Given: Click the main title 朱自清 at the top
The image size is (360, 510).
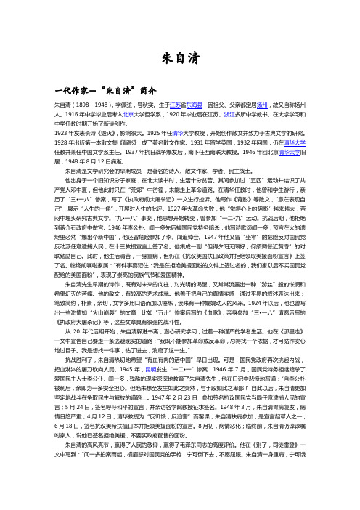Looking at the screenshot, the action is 179,55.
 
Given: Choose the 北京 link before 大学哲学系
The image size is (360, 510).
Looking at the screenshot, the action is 128,115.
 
